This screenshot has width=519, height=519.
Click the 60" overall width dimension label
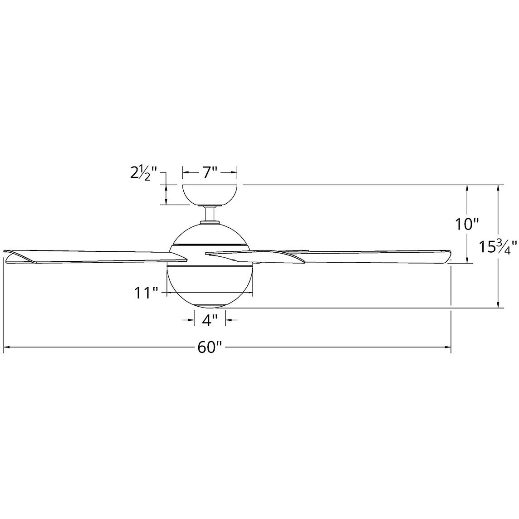[x=209, y=348]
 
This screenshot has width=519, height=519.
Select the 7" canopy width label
[x=210, y=172]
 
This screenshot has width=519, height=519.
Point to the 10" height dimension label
[x=467, y=224]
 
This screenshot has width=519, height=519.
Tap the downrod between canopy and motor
[x=210, y=214]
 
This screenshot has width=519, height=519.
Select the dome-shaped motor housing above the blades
[x=210, y=234]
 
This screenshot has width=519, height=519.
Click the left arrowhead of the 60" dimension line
[x=6, y=348]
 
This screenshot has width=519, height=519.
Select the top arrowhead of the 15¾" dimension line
[x=499, y=188]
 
